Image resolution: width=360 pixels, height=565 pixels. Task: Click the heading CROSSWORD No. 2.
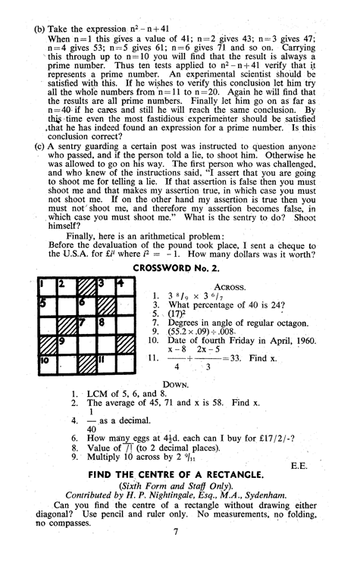pyautogui.click(x=179, y=268)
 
